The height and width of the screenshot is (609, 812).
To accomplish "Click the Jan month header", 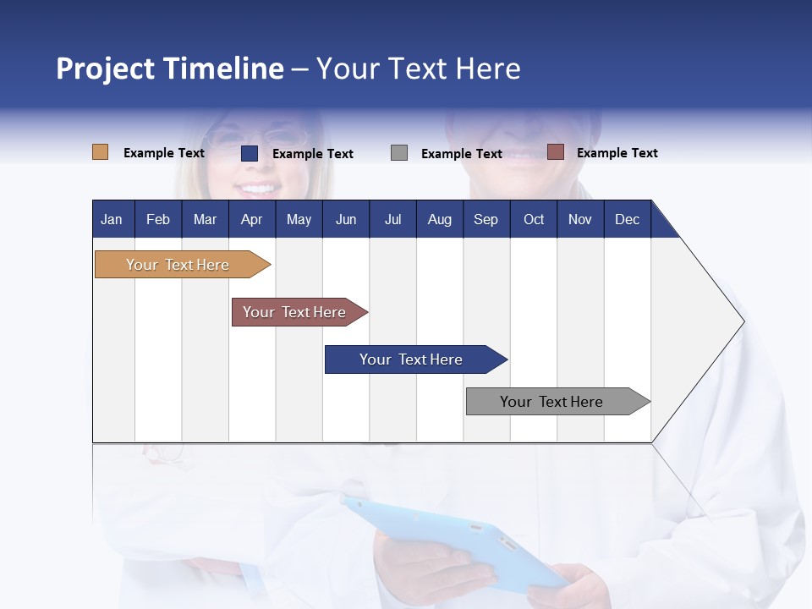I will pos(112,219).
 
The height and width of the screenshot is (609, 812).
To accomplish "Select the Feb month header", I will pos(158,219).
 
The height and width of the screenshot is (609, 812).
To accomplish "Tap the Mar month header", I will pos(205,219).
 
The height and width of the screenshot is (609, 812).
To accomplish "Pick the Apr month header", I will pos(252,219).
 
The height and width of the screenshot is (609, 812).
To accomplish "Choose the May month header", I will pos(299,219).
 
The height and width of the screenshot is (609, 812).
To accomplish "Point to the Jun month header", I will pos(346,219).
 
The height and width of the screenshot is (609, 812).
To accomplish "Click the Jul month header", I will pos(392,219).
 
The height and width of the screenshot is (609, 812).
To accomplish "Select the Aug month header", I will pos(440,219).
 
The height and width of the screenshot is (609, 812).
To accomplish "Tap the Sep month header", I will pos(486,219).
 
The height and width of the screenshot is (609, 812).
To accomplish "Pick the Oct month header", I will pos(534,219).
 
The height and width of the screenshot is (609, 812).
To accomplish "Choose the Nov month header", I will pos(580,219).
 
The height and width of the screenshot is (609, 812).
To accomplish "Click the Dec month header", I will pos(628,219).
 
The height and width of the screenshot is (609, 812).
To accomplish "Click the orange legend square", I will pos(101,152).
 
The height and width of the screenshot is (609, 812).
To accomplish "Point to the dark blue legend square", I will pos(250,153).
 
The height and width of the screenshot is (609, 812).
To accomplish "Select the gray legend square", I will pos(399,153).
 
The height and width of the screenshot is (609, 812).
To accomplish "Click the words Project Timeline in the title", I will pos(170,69).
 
